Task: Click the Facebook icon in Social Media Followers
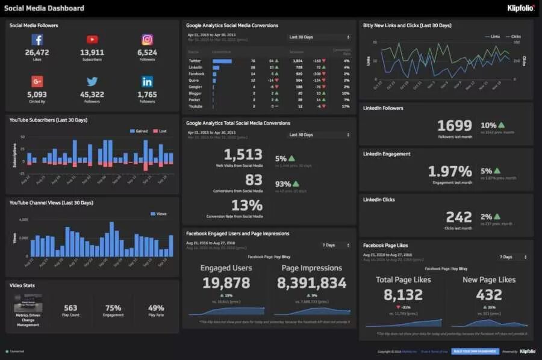[37, 40]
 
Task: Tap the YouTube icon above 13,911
[92, 40]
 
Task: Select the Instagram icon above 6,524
[147, 40]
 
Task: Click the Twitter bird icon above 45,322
[92, 81]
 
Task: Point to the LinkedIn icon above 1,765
[147, 81]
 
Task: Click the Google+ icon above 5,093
[37, 81]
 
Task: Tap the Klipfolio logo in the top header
[520, 8]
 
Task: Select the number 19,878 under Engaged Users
[226, 283]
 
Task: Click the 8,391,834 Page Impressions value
[311, 283]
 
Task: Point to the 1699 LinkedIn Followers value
[455, 125]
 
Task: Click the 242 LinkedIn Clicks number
[459, 217]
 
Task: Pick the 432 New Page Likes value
[488, 294]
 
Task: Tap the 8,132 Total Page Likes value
[403, 294]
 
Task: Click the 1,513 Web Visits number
[243, 155]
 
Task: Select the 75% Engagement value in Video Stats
[113, 308]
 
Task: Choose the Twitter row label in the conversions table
[195, 61]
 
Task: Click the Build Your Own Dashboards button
[475, 351]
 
